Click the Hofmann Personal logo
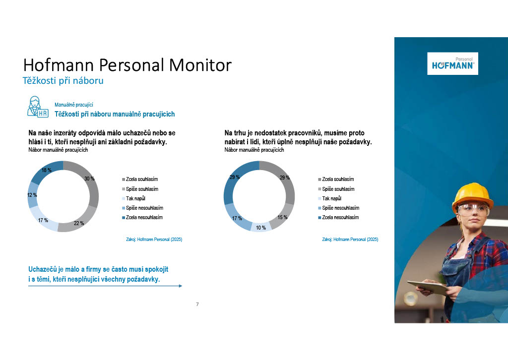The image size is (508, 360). point(452,63)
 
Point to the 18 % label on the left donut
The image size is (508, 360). point(46,170)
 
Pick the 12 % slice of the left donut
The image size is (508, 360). point(32,195)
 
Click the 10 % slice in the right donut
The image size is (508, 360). point(261,227)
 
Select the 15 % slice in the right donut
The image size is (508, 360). point(283,216)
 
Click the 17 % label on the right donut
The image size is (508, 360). point(237,218)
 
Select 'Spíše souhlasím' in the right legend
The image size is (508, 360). point(336,189)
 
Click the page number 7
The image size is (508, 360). point(197,304)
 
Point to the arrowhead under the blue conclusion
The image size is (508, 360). point(181,286)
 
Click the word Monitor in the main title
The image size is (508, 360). point(200,65)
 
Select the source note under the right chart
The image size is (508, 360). point(350,240)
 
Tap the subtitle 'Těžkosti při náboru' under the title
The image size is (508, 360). point(63,81)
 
